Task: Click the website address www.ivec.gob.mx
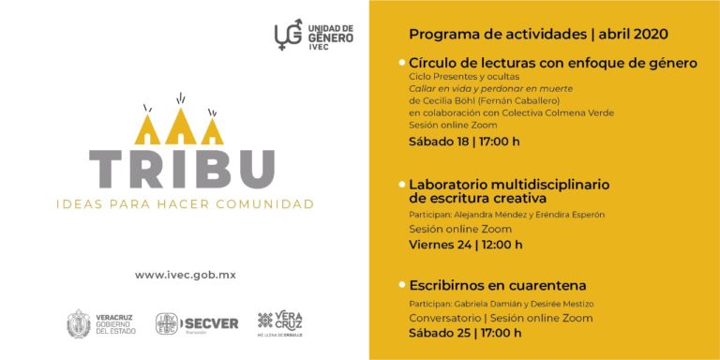(x=185, y=275)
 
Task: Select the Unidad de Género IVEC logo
(x=313, y=35)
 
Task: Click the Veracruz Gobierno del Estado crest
(x=79, y=324)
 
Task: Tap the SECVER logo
(x=197, y=324)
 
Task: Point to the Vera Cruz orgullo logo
(x=280, y=324)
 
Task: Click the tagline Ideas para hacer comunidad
(x=185, y=203)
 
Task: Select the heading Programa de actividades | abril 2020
(x=538, y=35)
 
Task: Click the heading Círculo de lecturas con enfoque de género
(x=553, y=63)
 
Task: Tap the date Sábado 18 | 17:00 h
(x=464, y=142)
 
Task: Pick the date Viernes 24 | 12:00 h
(x=466, y=245)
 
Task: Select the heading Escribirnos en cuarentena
(x=498, y=285)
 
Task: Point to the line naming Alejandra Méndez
(x=506, y=215)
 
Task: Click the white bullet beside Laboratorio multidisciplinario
(x=401, y=184)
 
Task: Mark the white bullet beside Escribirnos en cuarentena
(x=401, y=285)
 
